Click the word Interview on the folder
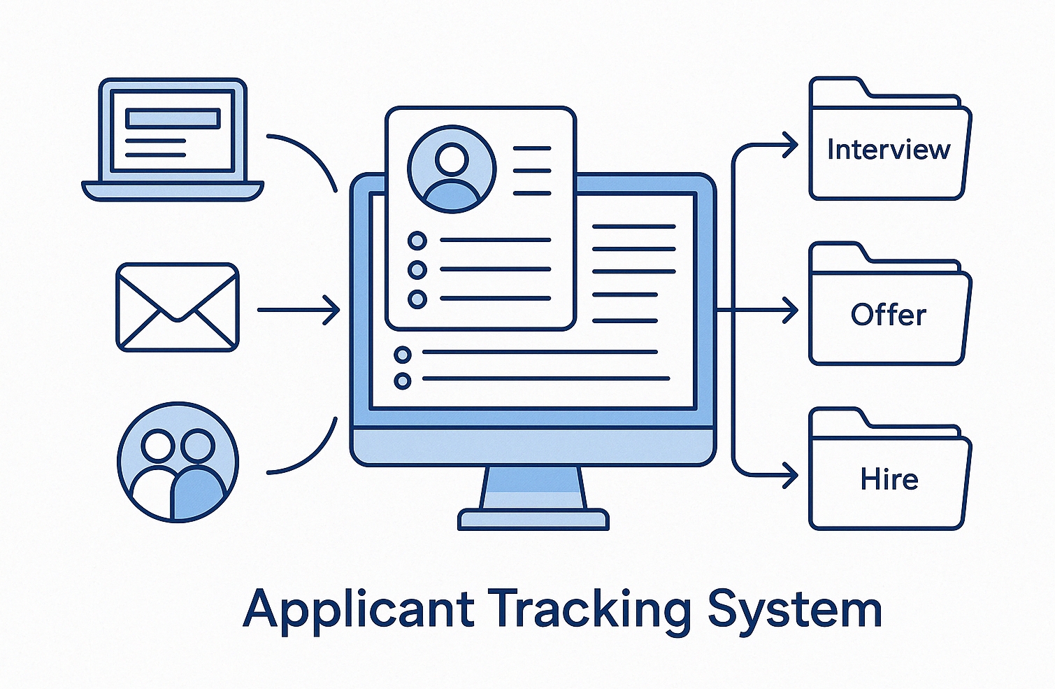(x=888, y=150)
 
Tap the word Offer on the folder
(x=888, y=315)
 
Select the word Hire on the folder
(x=889, y=480)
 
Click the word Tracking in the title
(x=589, y=610)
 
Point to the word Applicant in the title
(x=359, y=610)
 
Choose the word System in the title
(x=794, y=610)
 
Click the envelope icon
(x=178, y=307)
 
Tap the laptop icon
(x=173, y=140)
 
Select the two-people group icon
(x=178, y=462)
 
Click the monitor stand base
(x=533, y=519)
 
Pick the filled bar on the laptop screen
(x=172, y=118)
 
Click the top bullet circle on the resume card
(x=417, y=241)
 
